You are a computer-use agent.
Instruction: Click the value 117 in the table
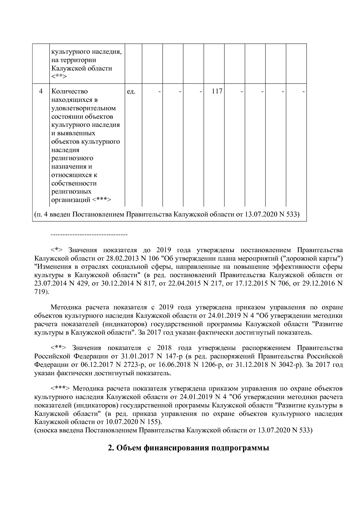pos(217,91)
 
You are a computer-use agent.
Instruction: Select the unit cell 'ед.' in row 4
pos(131,91)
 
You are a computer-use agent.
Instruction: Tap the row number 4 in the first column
pos(41,91)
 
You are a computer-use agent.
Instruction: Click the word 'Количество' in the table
pos(69,91)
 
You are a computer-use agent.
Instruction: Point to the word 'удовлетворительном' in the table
pos(84,108)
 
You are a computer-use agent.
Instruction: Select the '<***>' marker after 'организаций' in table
pos(102,200)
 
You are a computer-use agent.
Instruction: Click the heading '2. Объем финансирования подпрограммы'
pos(188,448)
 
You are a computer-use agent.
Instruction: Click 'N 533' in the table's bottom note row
pos(288,214)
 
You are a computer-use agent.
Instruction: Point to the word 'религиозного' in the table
pos(72,158)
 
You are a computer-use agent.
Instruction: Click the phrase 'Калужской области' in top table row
pos(82,68)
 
